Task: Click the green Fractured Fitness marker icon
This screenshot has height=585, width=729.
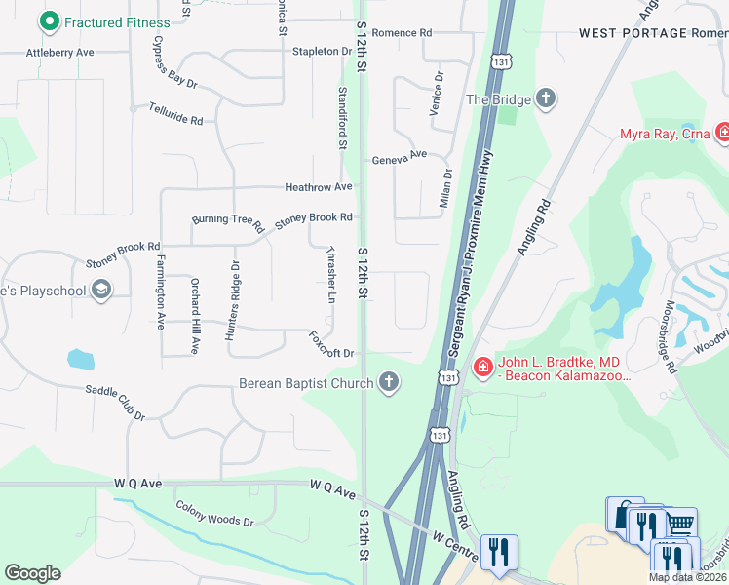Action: [48, 21]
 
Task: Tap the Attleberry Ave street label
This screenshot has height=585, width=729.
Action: [60, 52]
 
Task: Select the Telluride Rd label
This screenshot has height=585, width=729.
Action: [175, 113]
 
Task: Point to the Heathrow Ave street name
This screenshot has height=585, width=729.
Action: [318, 186]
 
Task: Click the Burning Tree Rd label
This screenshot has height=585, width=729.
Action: [228, 222]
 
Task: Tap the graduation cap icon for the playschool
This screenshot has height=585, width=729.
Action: [100, 290]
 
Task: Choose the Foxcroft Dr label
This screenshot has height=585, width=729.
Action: [330, 346]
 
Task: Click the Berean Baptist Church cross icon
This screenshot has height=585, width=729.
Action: [389, 382]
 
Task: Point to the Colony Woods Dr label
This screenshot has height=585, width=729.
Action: [214, 514]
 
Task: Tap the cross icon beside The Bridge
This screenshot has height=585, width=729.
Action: [546, 98]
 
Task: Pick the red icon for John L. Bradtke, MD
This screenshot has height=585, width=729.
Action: [482, 366]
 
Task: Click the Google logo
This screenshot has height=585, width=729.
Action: [32, 572]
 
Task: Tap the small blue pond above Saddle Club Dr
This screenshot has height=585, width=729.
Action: [80, 360]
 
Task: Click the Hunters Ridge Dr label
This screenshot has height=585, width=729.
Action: [232, 300]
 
